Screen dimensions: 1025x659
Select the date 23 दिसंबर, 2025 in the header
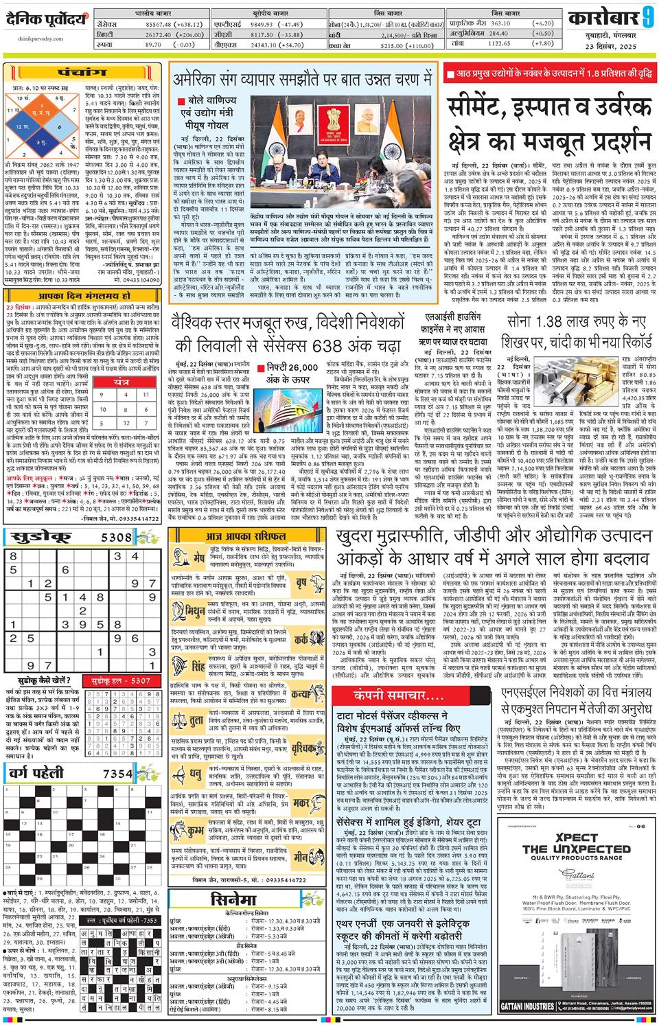point(610,46)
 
